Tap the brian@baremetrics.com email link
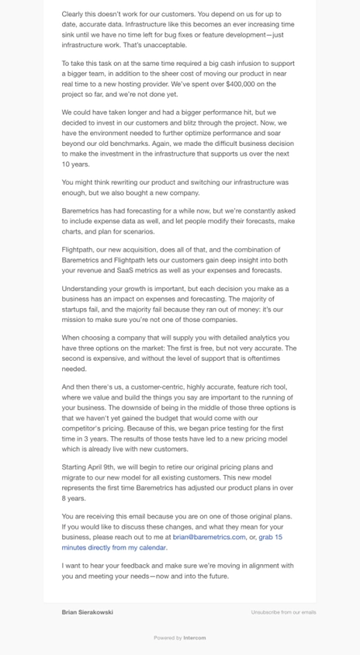209,536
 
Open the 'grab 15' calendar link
271,536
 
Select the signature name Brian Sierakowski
88,612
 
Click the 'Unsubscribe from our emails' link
283,612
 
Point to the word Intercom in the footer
195,638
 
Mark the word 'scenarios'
137,231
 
